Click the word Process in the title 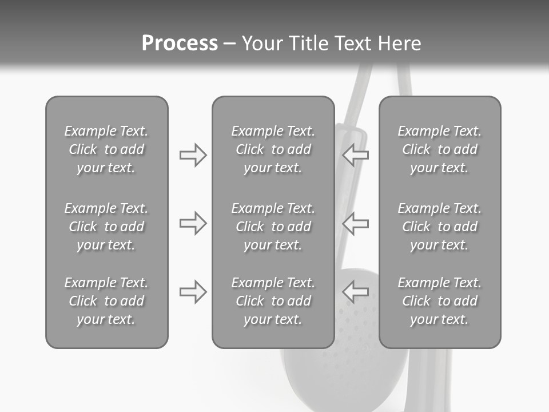click(180, 43)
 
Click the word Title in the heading click(308, 43)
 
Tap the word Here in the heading click(400, 43)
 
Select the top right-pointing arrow click(193, 155)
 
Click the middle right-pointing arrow click(193, 223)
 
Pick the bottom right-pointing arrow click(193, 292)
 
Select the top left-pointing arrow click(356, 155)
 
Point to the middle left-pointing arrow click(356, 223)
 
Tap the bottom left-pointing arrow click(356, 292)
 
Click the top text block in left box click(106, 149)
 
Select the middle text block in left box click(106, 227)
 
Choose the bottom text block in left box click(106, 301)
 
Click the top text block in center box click(273, 149)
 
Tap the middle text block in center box click(273, 227)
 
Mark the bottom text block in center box click(273, 301)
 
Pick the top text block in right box click(440, 149)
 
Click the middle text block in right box click(440, 227)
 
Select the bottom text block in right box click(440, 301)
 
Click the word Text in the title click(351, 43)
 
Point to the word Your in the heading click(262, 43)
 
